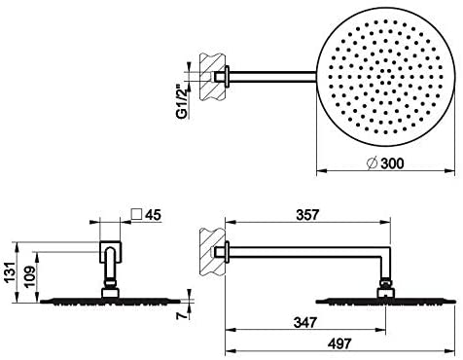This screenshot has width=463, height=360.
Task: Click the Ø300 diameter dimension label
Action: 385,162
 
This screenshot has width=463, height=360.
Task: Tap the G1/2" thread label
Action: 182,100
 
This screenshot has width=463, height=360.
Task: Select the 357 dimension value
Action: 307,214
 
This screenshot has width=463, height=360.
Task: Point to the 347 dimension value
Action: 305,322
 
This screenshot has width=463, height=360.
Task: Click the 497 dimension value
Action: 339,343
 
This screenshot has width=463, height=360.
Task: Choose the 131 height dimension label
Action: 11,271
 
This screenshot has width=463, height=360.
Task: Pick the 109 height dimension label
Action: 30,276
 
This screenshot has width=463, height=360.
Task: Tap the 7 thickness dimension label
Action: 183,315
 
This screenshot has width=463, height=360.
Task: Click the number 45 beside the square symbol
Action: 153,215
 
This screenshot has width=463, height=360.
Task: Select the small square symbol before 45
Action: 137,214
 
